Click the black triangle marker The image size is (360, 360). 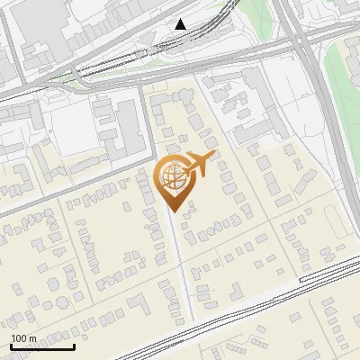(x=181, y=24)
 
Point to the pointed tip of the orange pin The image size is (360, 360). (x=172, y=212)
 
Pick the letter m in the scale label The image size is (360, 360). (x=33, y=338)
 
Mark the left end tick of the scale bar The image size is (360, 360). (x=11, y=346)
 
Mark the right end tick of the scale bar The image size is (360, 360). (x=74, y=346)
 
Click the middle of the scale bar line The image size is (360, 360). (x=42, y=347)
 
